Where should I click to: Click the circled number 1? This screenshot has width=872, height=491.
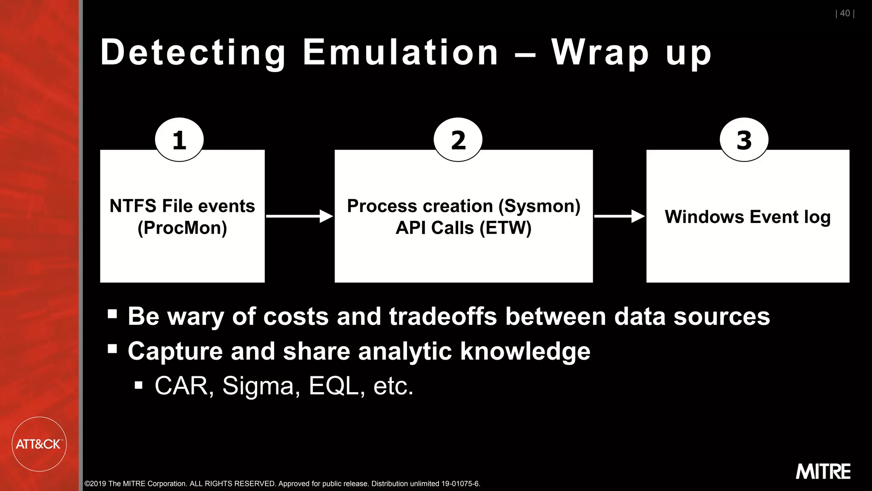179,140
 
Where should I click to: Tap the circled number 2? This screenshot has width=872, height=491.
458,140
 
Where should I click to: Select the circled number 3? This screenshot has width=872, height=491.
744,140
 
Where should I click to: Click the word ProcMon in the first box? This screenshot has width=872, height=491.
182,228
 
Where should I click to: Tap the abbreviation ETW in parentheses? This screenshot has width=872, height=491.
505,228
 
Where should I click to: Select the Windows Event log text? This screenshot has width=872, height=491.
748,217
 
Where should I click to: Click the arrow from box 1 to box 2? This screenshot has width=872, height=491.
299,216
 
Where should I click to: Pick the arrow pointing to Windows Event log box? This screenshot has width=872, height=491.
620,216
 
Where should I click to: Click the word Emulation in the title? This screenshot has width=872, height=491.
400,52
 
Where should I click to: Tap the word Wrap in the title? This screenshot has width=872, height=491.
600,53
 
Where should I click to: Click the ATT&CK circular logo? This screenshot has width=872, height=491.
39,444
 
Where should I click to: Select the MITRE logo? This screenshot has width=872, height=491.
823,471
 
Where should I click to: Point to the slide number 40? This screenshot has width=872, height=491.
845,13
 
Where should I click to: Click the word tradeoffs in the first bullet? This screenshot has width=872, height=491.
443,317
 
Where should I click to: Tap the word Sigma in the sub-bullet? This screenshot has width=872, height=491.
258,386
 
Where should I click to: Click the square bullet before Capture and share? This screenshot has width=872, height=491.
112,349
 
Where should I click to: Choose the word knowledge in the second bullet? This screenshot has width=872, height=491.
525,352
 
